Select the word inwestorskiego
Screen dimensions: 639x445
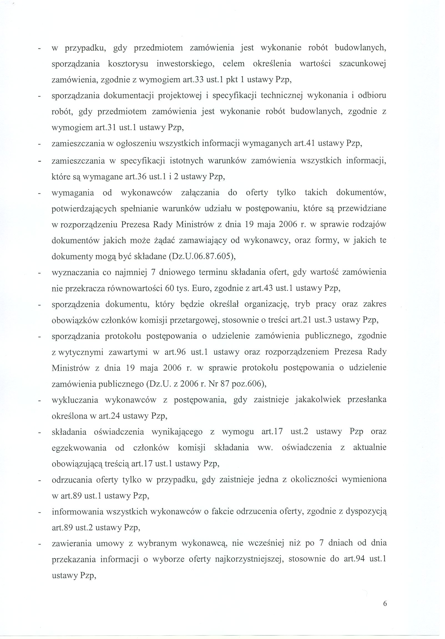click(x=185, y=64)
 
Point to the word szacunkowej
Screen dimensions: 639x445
click(x=363, y=64)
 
